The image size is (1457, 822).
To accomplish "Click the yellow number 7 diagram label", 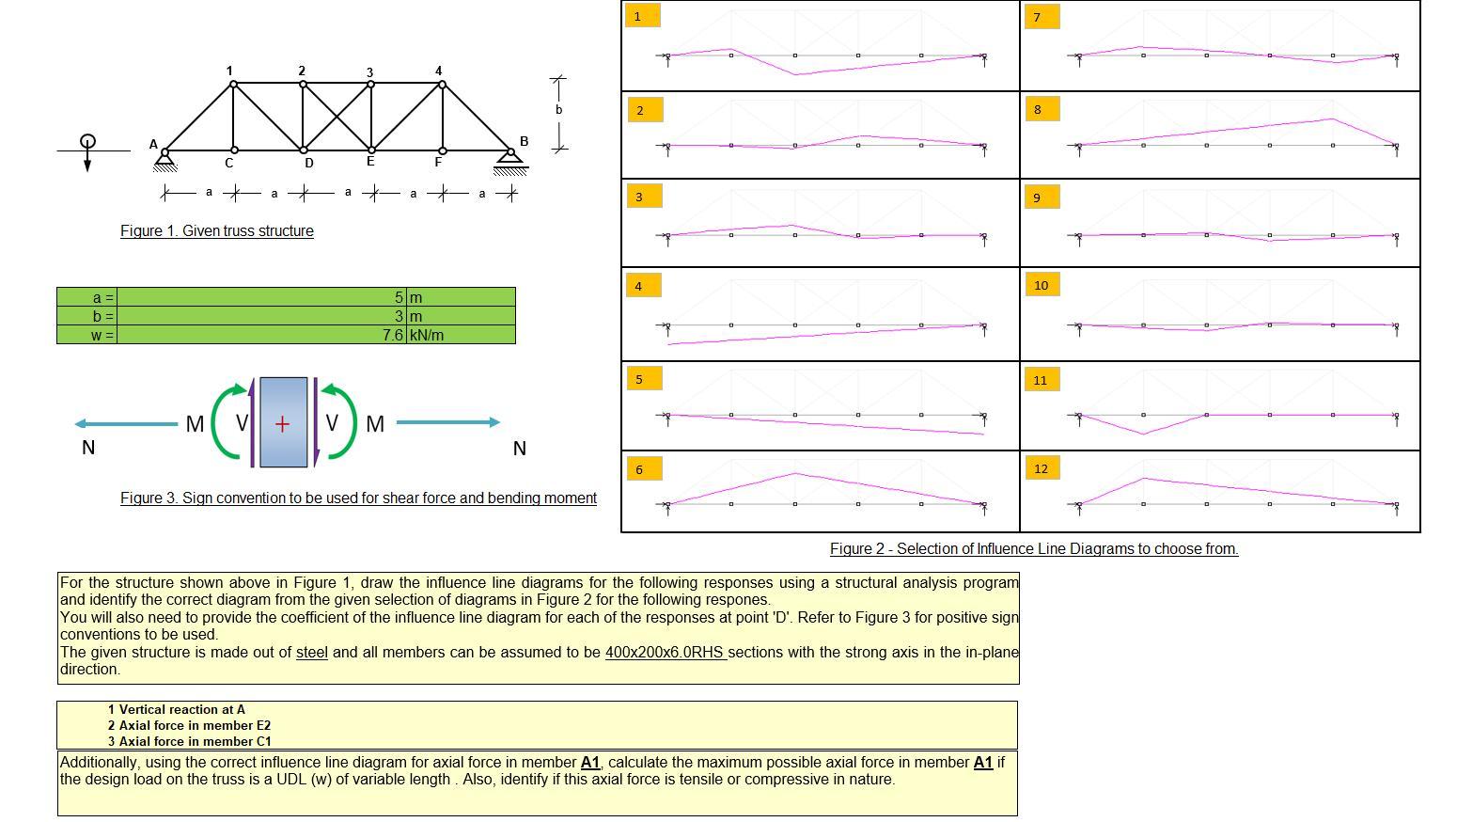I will click(1040, 17).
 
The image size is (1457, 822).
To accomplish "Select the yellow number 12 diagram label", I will click(1040, 468).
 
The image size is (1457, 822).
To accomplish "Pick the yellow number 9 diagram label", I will click(1040, 197).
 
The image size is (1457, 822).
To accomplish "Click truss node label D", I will click(308, 164).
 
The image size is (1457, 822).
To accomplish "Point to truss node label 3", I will click(369, 72).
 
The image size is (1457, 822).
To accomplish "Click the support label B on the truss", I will click(524, 141).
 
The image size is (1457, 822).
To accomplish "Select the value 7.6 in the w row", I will click(393, 335).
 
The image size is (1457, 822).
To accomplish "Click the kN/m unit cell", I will click(427, 335).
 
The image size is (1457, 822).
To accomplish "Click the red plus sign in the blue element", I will click(282, 424).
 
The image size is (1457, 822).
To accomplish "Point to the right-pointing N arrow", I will click(447, 423).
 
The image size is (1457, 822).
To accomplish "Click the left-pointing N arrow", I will click(126, 424).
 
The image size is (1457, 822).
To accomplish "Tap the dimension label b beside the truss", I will click(558, 110).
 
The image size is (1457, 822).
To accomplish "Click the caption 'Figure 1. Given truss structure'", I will click(216, 231).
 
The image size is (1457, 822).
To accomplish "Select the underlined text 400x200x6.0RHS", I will click(665, 653).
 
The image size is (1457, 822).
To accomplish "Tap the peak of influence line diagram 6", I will click(795, 474).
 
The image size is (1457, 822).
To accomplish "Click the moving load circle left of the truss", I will click(87, 142).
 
